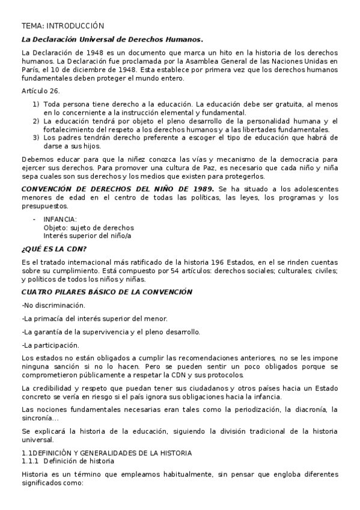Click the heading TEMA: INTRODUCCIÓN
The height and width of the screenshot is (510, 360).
click(63, 26)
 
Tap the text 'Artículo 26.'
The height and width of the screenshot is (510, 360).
click(41, 91)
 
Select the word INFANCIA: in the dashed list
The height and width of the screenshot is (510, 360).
click(60, 220)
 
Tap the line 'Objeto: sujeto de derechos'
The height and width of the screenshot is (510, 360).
click(88, 227)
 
